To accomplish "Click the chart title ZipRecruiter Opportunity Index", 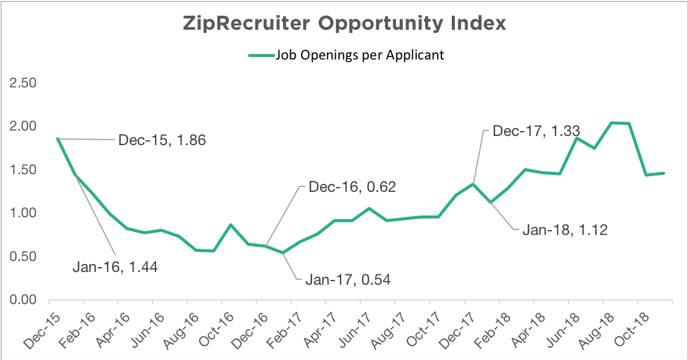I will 344,24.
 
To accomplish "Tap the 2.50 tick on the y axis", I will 22,83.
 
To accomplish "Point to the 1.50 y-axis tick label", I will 22,170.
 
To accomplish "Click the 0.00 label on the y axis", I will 22,300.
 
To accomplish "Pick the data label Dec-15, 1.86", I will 162,140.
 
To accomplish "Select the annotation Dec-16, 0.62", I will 352,187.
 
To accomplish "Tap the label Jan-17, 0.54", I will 347,280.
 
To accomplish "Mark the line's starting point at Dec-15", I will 57,138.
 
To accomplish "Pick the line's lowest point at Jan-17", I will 282,253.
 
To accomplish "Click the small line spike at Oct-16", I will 231,225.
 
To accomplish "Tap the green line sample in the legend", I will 261,55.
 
